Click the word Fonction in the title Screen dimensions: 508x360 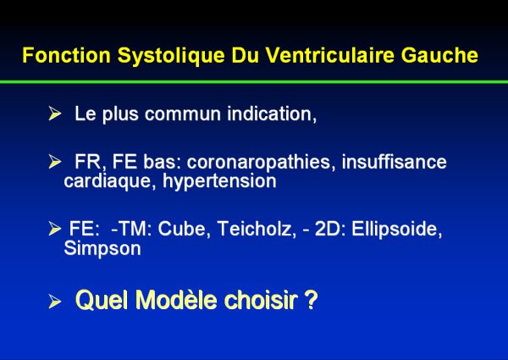coord(66,55)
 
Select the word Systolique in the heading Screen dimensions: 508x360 coord(171,56)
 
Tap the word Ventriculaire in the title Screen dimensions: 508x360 coord(330,55)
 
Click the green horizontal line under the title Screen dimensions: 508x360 coord(254,82)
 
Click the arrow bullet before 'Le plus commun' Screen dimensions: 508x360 coord(55,114)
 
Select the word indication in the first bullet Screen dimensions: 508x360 coord(272,114)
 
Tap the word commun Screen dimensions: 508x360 coord(183,114)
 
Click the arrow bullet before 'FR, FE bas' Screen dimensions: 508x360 coord(55,162)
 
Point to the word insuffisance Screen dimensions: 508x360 coord(394,162)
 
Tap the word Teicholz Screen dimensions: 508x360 coord(257,229)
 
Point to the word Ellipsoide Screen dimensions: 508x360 coord(397,230)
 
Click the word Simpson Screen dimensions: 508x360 coord(102,249)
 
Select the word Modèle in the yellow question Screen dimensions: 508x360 coord(176,299)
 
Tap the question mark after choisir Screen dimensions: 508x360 coord(311,299)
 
